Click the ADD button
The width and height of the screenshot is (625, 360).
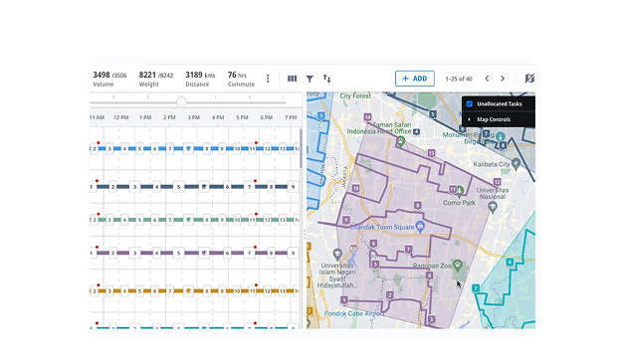click(x=414, y=78)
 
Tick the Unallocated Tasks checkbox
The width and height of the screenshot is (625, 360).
click(x=470, y=103)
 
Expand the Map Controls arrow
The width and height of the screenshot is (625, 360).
click(x=470, y=119)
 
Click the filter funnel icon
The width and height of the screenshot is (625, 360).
click(x=310, y=78)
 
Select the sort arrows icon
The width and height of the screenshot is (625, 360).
click(x=326, y=78)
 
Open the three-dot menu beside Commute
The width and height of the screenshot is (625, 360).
click(x=267, y=78)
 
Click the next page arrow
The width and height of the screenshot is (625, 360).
click(x=503, y=78)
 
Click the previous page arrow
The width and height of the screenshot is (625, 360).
click(x=487, y=78)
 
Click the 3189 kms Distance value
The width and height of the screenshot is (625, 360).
click(x=200, y=75)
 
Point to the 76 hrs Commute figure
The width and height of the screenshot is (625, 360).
click(x=237, y=75)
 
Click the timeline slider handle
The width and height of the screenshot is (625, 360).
click(x=181, y=101)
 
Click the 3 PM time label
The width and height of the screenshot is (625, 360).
click(x=194, y=117)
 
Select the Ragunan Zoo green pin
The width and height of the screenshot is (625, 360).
click(x=457, y=266)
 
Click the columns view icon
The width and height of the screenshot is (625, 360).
click(x=292, y=78)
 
